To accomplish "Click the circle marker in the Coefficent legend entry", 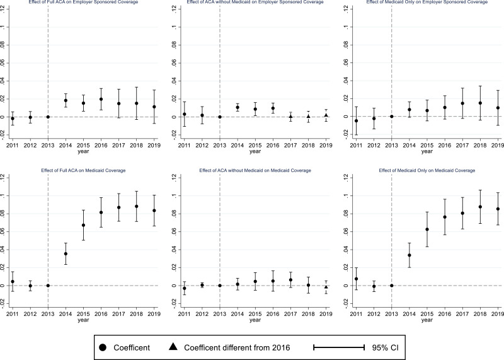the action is coord(103,347).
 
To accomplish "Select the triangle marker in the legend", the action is coord(173,347).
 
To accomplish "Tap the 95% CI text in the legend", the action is coord(385,347).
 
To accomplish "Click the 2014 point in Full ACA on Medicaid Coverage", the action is coord(66,253).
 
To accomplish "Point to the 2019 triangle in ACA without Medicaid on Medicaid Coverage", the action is coord(326,287).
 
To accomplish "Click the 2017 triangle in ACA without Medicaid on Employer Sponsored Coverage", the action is coord(290,117).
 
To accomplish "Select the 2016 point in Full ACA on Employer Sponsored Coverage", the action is coord(101,99).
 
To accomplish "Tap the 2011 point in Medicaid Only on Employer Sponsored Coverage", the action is coord(356,120).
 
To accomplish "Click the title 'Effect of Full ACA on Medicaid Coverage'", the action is coord(83,170).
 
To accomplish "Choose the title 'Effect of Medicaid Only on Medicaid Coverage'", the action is coord(427,170).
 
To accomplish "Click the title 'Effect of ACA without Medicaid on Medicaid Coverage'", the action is coord(255,170).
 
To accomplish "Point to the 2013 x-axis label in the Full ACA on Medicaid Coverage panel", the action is coord(48,314).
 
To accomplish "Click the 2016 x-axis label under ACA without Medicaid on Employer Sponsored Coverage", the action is coord(273,145).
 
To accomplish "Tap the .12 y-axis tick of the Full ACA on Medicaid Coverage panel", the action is coord(3,178).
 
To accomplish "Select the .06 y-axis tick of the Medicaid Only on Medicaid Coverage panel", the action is coord(346,231).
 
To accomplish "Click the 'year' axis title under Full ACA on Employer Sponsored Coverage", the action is coord(83,151).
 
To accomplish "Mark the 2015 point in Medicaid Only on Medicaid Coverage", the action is coord(427,229).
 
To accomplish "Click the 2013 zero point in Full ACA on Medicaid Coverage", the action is coord(48,286).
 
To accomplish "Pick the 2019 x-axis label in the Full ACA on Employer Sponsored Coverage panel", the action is coord(154,145).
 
